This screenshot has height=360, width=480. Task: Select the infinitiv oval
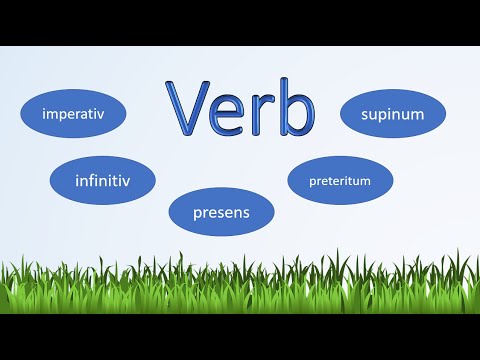103,180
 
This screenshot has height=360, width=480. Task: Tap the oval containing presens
221,212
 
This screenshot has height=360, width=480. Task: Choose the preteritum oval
340,180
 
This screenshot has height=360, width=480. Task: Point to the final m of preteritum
367,181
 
